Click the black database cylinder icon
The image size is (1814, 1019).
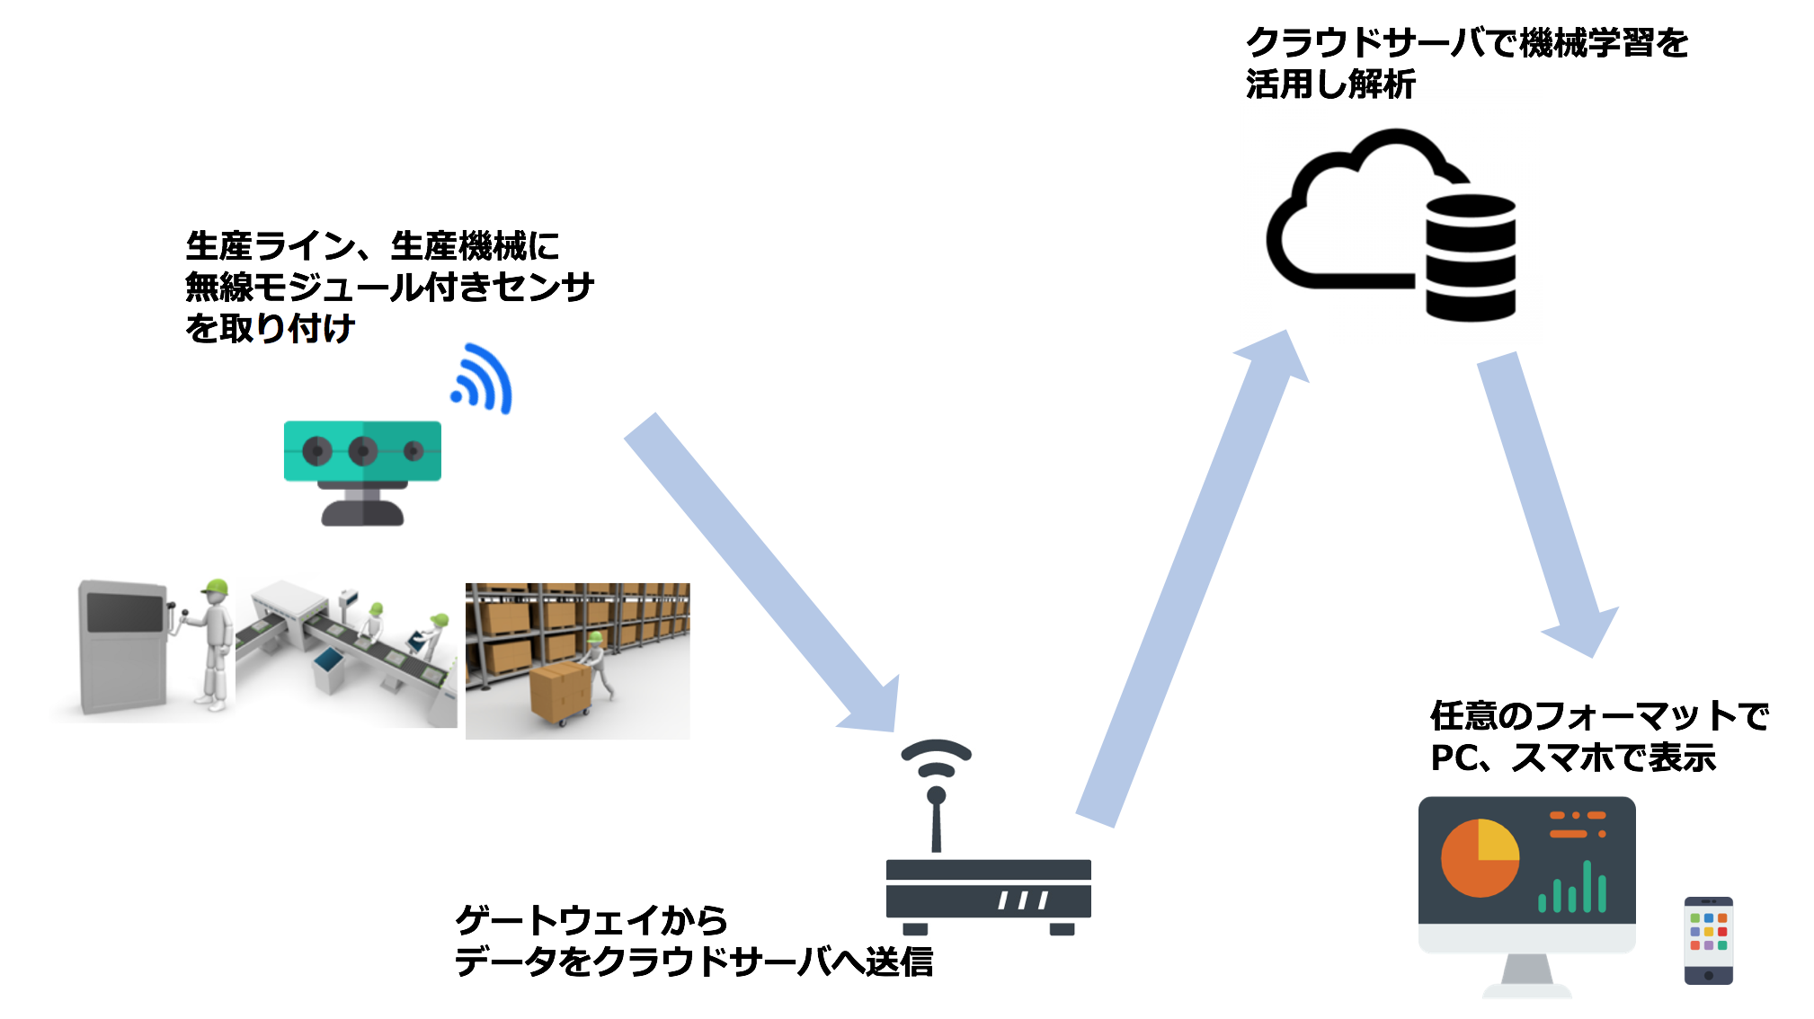[1471, 258]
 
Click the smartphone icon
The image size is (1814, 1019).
[1708, 941]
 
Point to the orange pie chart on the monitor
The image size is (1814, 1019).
[1480, 858]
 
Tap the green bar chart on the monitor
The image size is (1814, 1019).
[1572, 887]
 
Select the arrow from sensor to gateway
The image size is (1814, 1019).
[760, 572]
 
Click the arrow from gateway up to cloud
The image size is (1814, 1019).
[1192, 578]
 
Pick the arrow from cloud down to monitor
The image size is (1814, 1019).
[1548, 505]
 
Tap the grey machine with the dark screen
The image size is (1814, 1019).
[123, 646]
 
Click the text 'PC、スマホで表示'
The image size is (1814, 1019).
[1573, 758]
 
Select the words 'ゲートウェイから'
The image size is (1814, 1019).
[591, 919]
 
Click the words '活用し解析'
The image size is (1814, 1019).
[1330, 84]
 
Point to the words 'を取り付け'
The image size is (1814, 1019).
[270, 328]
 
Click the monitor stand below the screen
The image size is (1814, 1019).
[1527, 975]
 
